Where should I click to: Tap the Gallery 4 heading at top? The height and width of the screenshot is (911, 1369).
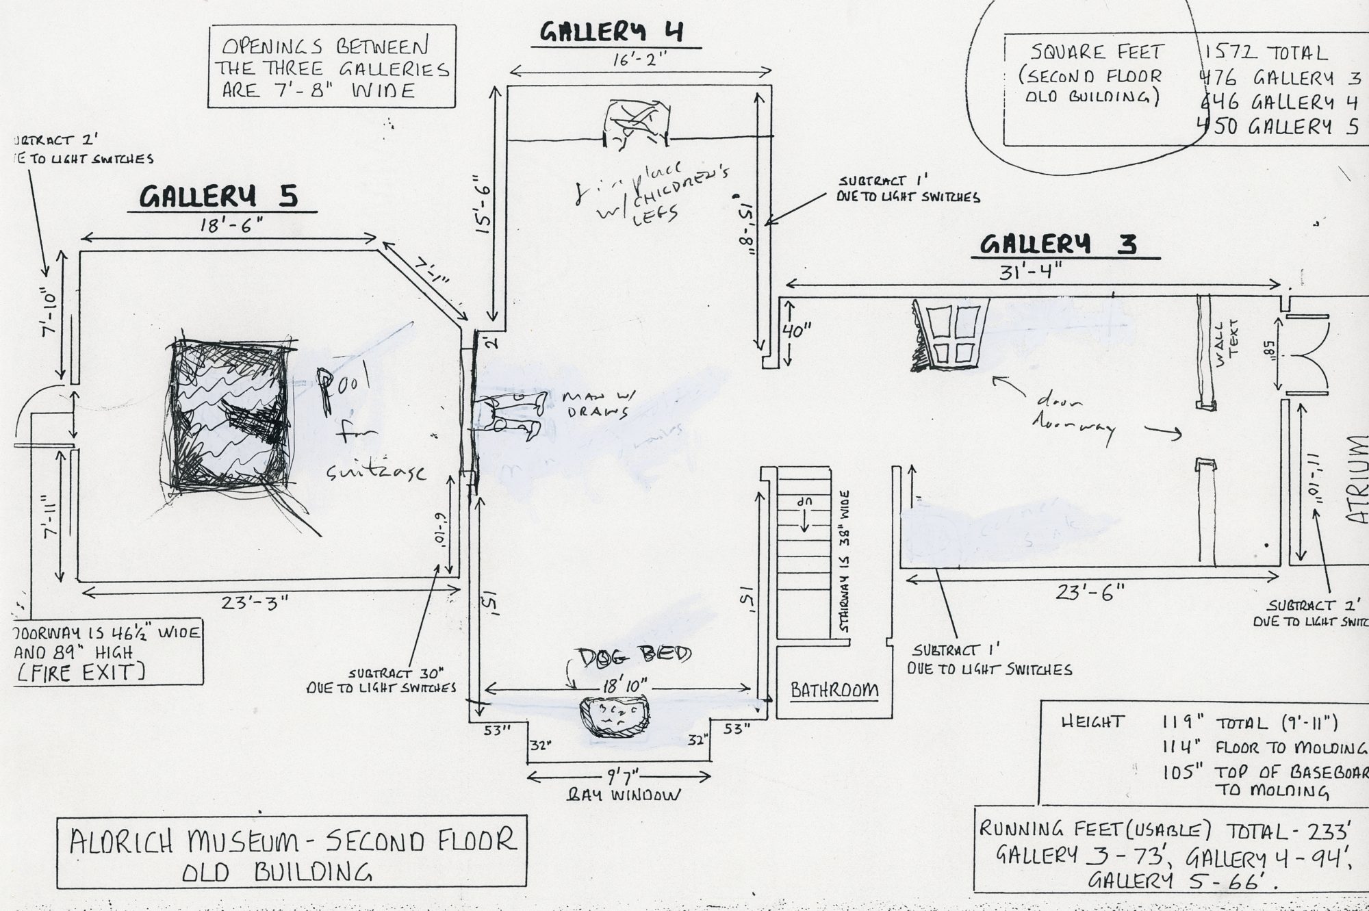click(611, 32)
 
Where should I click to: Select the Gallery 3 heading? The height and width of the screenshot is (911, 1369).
click(1058, 244)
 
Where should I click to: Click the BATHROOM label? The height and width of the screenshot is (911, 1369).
click(834, 689)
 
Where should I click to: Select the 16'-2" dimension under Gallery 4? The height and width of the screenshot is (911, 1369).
click(639, 61)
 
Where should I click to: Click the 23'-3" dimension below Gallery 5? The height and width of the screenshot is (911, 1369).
click(255, 603)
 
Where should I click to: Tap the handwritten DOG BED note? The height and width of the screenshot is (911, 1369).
click(634, 655)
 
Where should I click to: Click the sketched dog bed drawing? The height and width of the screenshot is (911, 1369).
click(613, 717)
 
